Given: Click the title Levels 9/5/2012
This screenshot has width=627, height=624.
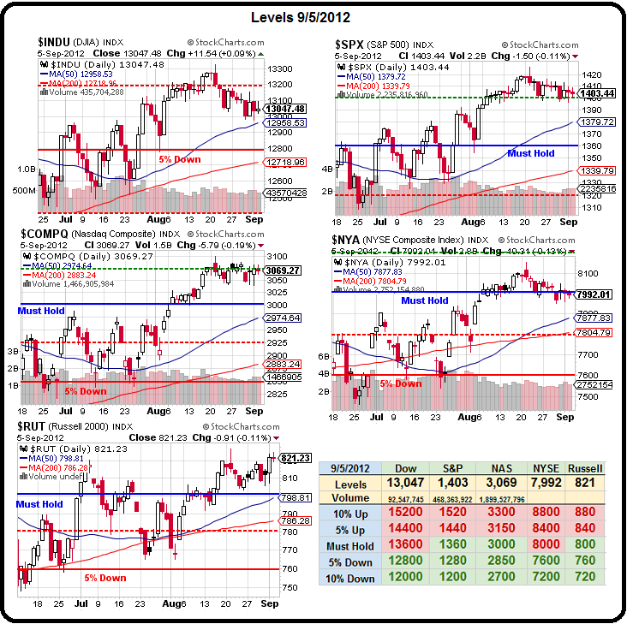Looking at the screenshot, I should [313, 17].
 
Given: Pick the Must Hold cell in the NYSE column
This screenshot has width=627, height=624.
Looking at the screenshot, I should [546, 545].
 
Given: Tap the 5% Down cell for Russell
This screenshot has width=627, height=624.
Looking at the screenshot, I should [587, 562].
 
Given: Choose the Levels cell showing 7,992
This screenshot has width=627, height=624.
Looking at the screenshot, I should [546, 483].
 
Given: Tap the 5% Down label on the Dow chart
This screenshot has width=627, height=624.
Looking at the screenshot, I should [181, 158].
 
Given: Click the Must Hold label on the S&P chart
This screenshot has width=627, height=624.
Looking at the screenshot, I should [531, 153].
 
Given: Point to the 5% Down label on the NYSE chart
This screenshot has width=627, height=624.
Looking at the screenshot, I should [401, 383].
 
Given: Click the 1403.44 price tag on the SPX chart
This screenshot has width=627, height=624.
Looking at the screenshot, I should [598, 93].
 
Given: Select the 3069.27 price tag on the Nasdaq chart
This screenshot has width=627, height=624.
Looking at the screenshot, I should [283, 270].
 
